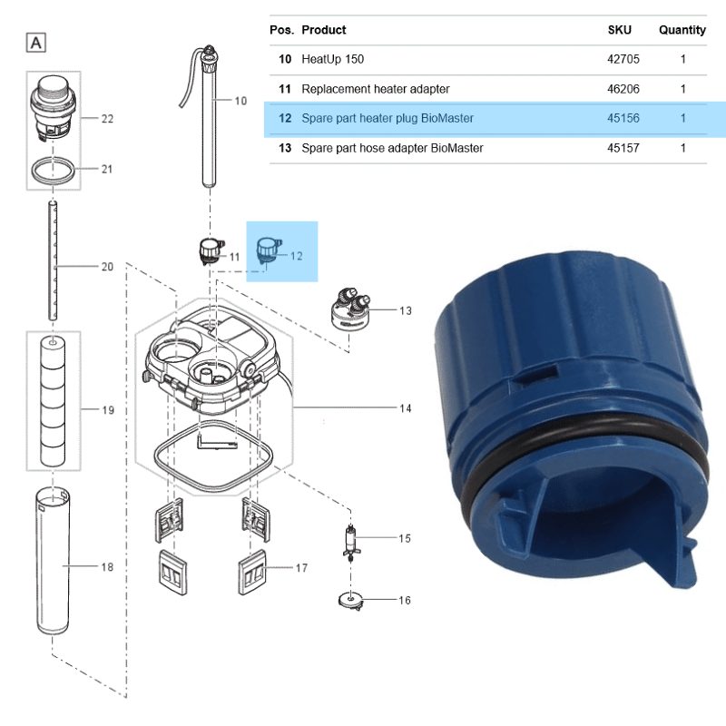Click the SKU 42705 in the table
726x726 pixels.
tap(623, 59)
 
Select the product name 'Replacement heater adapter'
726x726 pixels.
tap(376, 89)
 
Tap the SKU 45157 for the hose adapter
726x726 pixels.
tap(623, 148)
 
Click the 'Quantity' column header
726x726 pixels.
tap(682, 30)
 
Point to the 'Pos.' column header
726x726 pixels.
tap(282, 30)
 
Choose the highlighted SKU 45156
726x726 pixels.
tap(623, 119)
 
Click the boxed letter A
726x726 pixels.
tap(36, 43)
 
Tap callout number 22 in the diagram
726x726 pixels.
tap(107, 119)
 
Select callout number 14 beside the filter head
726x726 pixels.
tap(405, 408)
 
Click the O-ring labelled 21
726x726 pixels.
tap(54, 171)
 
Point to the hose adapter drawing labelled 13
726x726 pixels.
tap(351, 308)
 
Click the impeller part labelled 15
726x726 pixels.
tap(350, 543)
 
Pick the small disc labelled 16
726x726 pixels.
tap(350, 601)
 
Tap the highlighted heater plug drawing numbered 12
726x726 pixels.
tap(269, 253)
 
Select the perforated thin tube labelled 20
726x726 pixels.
tap(54, 260)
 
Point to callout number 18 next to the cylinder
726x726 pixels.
tap(107, 567)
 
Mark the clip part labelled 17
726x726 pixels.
tap(252, 573)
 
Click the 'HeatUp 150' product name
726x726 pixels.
tap(332, 59)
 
